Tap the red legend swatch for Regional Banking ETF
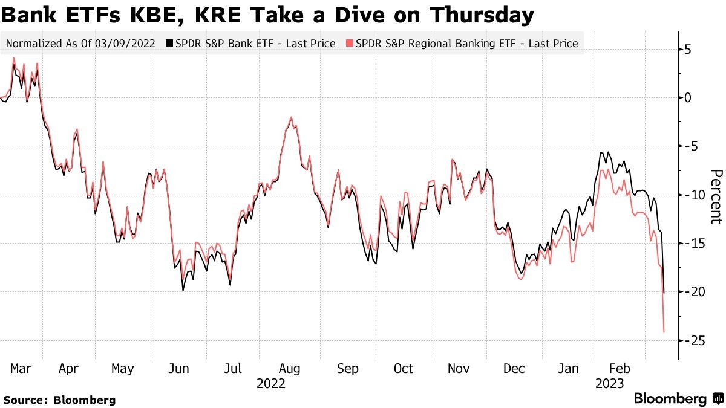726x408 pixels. click(x=349, y=44)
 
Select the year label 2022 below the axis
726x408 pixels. click(x=271, y=383)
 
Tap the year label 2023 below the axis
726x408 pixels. click(x=609, y=383)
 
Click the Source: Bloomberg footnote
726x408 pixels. click(x=59, y=400)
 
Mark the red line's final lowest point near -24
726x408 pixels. click(x=664, y=332)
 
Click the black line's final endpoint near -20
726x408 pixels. click(x=664, y=293)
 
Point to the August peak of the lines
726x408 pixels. click(x=292, y=117)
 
